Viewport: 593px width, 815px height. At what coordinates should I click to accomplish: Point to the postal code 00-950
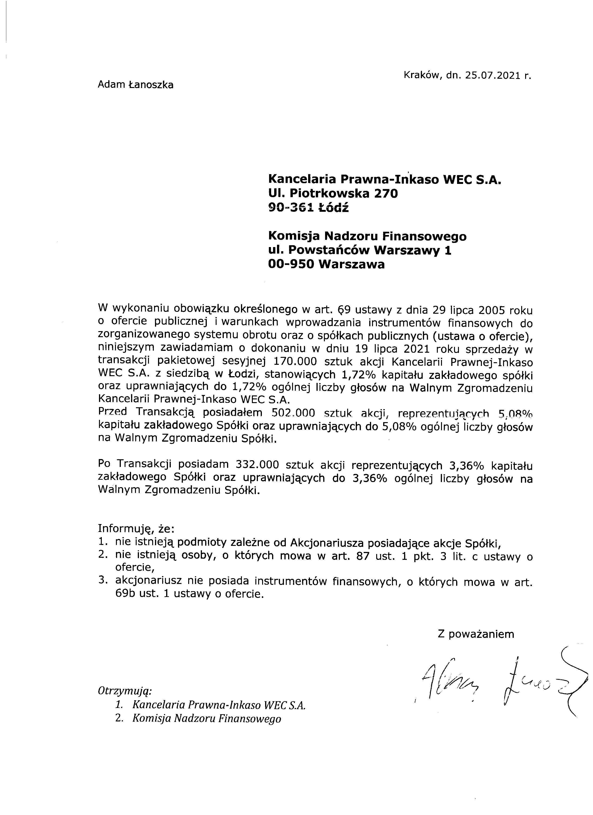[x=291, y=264]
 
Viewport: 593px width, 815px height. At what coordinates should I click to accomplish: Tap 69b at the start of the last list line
[x=124, y=594]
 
